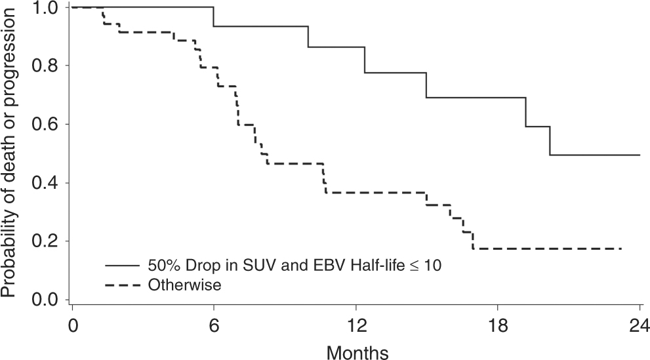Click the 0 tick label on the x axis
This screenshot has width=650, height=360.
[72, 326]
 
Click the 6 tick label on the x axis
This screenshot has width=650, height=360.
[214, 326]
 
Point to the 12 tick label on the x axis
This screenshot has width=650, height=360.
[355, 326]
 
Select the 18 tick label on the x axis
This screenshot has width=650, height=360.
[497, 326]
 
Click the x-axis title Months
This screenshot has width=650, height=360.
[357, 351]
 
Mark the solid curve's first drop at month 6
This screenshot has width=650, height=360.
[214, 16]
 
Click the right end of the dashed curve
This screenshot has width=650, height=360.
[620, 249]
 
